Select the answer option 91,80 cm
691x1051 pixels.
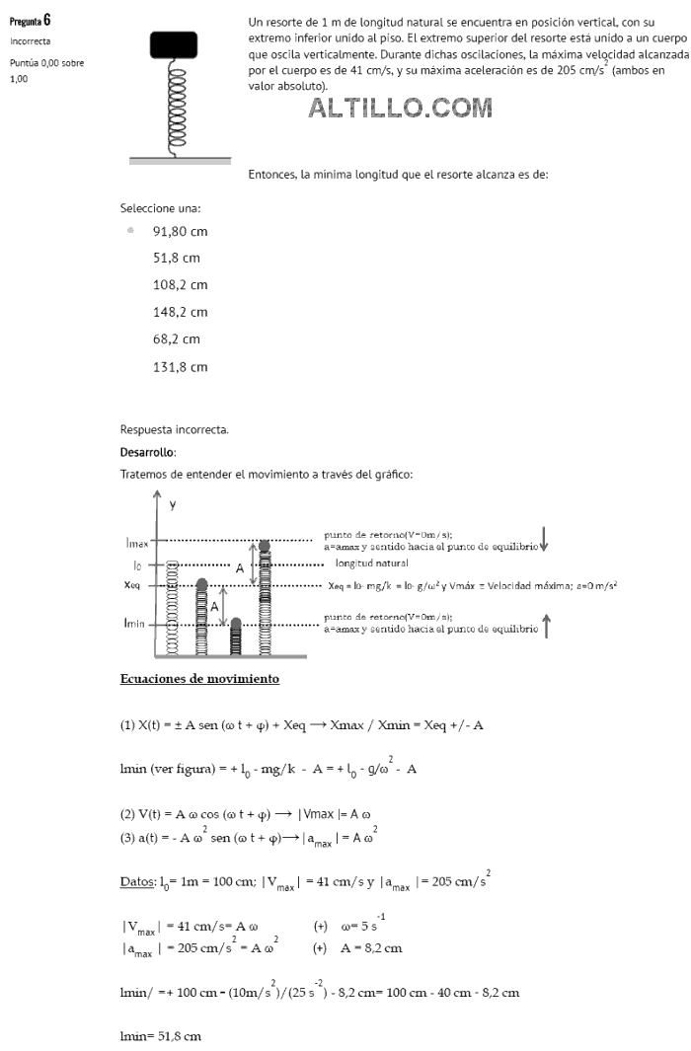coord(180,231)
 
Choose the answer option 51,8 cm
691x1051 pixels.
coord(176,258)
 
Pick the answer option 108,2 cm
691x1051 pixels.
coord(180,284)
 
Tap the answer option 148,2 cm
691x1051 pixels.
coord(180,312)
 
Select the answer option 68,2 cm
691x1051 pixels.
coord(176,338)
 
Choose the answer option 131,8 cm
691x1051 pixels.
coord(180,366)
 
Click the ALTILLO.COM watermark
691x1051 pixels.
coord(400,109)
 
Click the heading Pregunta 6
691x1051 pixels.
coord(31,21)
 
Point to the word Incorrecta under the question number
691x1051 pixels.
coord(30,41)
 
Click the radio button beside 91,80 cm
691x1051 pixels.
coord(130,231)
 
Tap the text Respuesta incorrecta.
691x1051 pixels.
coord(174,429)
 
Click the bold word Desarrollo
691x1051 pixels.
coord(147,452)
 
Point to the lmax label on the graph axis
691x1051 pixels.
coord(136,542)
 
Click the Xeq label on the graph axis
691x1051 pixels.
coord(135,584)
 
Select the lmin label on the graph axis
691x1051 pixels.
coord(135,624)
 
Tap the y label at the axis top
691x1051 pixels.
coord(172,504)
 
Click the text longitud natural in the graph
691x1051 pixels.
coord(371,563)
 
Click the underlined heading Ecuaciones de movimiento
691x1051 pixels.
coord(199,678)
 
